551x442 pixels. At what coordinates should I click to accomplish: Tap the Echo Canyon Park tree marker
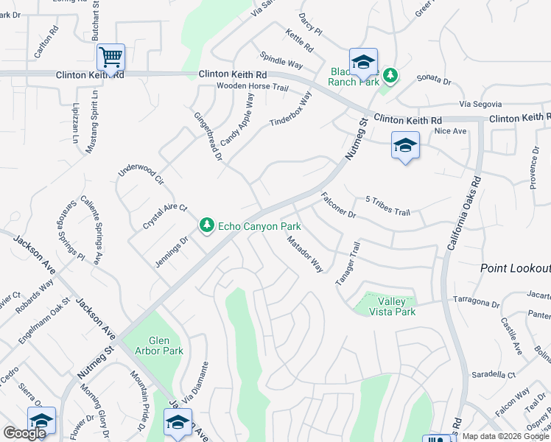[x=207, y=225]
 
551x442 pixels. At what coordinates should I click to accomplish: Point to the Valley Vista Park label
[x=396, y=306]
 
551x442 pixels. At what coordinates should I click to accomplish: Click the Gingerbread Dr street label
[x=208, y=136]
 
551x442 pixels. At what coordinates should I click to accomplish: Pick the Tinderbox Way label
[x=291, y=112]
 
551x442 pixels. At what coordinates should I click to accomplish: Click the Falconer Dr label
[x=339, y=206]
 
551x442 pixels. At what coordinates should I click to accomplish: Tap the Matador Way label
[x=305, y=254]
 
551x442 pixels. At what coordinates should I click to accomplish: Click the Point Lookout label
[x=516, y=269]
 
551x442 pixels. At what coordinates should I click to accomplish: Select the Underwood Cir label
[x=141, y=175]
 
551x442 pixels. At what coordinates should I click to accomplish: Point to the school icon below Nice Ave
[x=405, y=147]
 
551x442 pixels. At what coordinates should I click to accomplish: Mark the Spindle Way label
[x=281, y=60]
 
